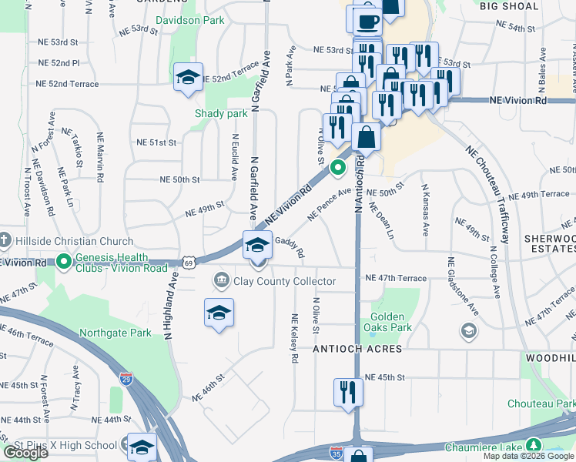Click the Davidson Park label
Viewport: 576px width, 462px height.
coord(190,20)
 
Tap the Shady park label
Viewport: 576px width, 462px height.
coord(221,113)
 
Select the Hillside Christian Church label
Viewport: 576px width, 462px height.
coord(68,240)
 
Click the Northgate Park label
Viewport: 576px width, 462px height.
coord(116,333)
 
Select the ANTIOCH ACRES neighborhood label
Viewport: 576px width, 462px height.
coord(357,349)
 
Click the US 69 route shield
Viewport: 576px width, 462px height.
coord(188,262)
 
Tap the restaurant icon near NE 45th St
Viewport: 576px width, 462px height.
coord(348,391)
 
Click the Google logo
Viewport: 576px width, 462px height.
coord(25,453)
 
